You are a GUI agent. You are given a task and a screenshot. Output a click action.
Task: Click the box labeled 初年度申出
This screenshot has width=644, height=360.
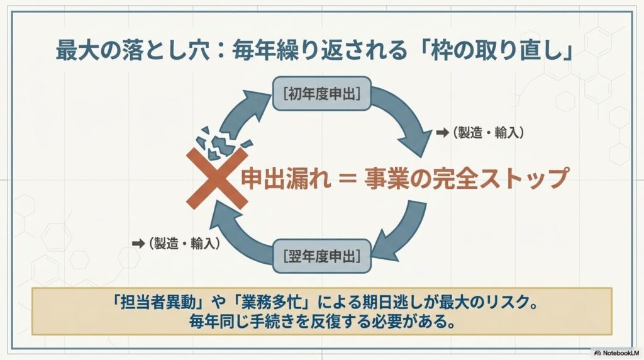321,94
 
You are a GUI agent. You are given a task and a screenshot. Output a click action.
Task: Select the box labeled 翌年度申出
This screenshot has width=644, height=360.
321,256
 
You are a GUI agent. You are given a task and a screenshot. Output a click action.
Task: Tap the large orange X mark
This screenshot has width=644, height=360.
217,178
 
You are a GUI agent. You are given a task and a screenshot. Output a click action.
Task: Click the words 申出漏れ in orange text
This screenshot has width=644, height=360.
286,179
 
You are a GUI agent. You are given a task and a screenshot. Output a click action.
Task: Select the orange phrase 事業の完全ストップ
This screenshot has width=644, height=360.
467,178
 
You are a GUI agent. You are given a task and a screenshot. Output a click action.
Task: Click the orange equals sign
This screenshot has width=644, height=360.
348,179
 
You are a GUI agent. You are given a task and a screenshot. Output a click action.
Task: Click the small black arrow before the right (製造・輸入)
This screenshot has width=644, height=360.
442,133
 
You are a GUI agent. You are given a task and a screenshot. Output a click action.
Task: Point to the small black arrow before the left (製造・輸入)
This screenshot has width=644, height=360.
138,244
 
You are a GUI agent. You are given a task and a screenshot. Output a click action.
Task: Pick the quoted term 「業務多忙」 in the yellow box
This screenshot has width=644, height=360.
270,303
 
